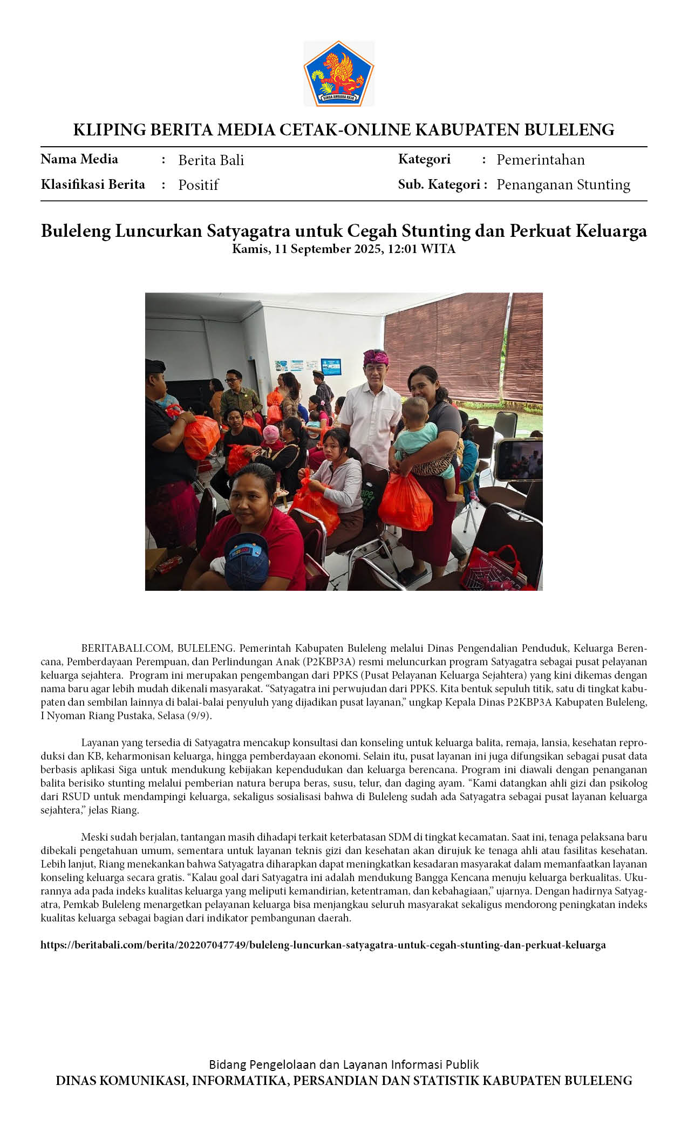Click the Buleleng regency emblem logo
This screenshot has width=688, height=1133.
[x=338, y=73]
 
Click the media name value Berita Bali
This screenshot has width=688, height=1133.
[x=211, y=160]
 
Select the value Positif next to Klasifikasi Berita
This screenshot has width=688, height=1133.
[x=198, y=185]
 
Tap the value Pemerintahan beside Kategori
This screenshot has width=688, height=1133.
[x=540, y=160]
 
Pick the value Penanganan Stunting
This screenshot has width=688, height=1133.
[x=563, y=185]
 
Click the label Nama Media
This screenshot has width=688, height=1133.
[x=79, y=159]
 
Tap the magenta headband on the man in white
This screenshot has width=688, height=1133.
[x=376, y=357]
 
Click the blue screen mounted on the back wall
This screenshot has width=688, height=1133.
[x=331, y=366]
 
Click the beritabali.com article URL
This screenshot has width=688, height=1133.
[x=323, y=945]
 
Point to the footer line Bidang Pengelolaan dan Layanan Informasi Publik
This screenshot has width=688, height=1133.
[x=344, y=1064]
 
